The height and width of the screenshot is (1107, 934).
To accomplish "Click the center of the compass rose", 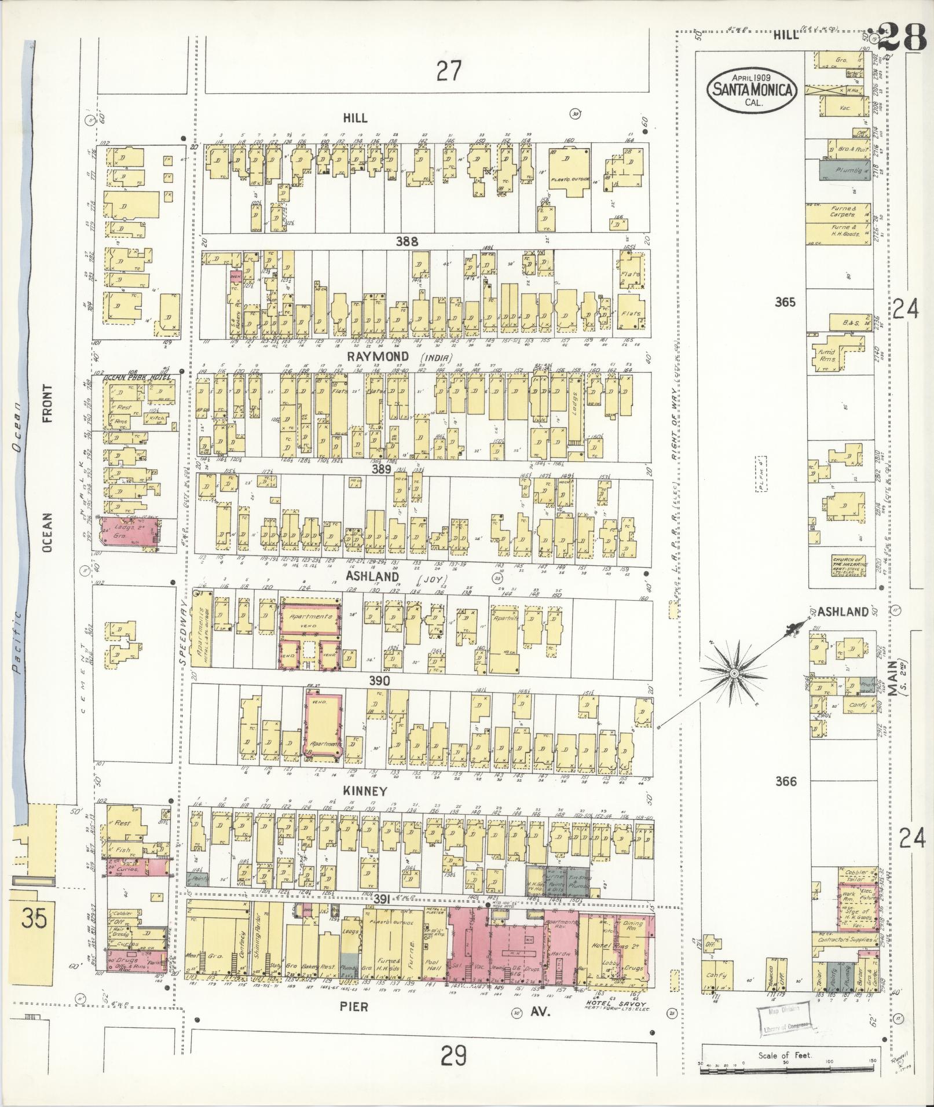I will pos(734,673).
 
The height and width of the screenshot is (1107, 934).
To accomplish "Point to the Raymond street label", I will pos(386,356).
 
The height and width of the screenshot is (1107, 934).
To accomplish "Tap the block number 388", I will pos(406,242).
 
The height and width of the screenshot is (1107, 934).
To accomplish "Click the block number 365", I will pos(785,302).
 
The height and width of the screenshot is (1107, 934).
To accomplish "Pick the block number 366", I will pos(785,782).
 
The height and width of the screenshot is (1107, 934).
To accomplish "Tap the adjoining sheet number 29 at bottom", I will pos(453,1057).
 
